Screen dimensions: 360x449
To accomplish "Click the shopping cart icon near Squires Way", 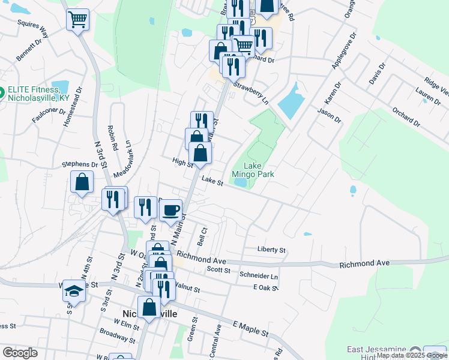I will pyautogui.click(x=77, y=20).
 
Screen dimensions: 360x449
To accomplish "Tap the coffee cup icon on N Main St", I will pyautogui.click(x=171, y=209).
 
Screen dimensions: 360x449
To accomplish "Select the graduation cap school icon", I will pyautogui.click(x=74, y=291).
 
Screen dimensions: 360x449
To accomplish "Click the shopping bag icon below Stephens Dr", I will pyautogui.click(x=82, y=182).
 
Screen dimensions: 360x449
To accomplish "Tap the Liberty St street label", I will pyautogui.click(x=271, y=250).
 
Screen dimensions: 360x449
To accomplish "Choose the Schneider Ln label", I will pyautogui.click(x=259, y=275).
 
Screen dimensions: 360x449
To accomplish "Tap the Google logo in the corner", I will pyautogui.click(x=20, y=353).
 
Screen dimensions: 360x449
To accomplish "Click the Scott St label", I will pyautogui.click(x=218, y=270).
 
